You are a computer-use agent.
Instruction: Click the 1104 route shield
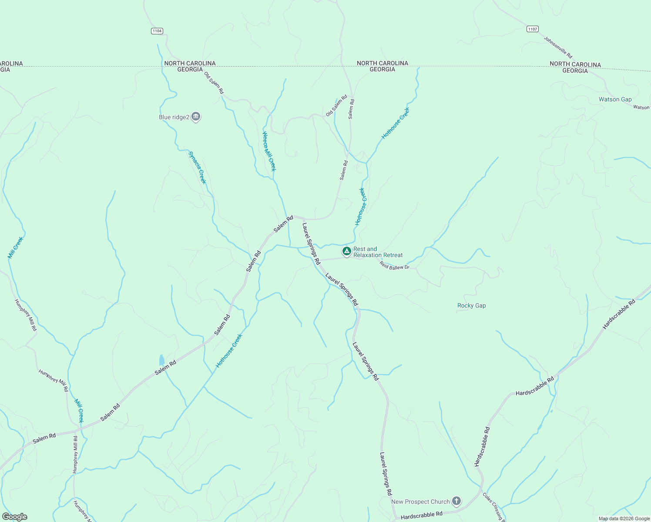[x=157, y=31]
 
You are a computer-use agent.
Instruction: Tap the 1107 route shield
[x=532, y=29]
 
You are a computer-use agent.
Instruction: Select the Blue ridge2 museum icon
[x=196, y=117]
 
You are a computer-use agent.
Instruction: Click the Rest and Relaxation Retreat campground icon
[x=346, y=251]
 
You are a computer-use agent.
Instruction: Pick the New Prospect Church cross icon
[x=456, y=501]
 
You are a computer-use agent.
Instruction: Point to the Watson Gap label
[x=615, y=100]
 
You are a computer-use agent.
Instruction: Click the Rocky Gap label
[x=471, y=306]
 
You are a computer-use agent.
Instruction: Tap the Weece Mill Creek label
[x=269, y=151]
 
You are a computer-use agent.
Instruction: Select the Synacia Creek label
[x=197, y=167]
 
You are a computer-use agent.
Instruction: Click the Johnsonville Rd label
[x=558, y=47]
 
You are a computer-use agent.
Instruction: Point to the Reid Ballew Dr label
[x=394, y=265]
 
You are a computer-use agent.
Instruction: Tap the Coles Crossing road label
[x=493, y=505]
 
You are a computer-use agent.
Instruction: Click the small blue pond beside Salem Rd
[x=162, y=360]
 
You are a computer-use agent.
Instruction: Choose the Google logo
[x=14, y=517]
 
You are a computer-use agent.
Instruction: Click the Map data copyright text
[x=624, y=519]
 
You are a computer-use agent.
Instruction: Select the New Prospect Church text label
[x=420, y=502]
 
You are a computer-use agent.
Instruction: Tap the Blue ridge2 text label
[x=174, y=117]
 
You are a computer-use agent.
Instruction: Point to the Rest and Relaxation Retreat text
[x=378, y=252]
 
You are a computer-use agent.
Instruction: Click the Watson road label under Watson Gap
[x=641, y=107]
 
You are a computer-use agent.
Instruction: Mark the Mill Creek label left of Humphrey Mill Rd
[x=15, y=248]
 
